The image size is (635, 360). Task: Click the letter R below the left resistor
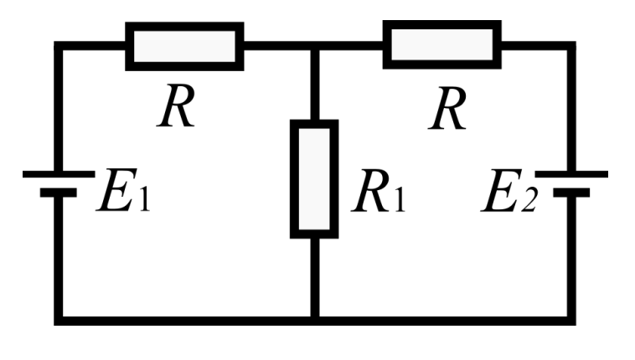(x=176, y=106)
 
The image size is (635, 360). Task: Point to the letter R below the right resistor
(x=447, y=109)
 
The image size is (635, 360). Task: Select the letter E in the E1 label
(x=116, y=190)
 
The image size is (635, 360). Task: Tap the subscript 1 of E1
(x=145, y=198)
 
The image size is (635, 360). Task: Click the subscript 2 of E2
(x=529, y=199)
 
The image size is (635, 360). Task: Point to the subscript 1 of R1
(x=400, y=198)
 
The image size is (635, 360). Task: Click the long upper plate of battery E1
(x=59, y=174)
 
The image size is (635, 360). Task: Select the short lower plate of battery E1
(x=59, y=193)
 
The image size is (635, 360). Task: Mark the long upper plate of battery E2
(x=571, y=174)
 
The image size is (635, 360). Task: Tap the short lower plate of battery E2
(x=571, y=193)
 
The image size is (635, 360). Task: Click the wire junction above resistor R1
(x=315, y=46)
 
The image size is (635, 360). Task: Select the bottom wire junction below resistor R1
(x=315, y=321)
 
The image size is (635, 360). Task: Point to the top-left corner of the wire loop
(x=59, y=46)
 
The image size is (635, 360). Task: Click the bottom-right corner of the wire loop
(x=571, y=321)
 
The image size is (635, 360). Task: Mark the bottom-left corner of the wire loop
(x=59, y=321)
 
